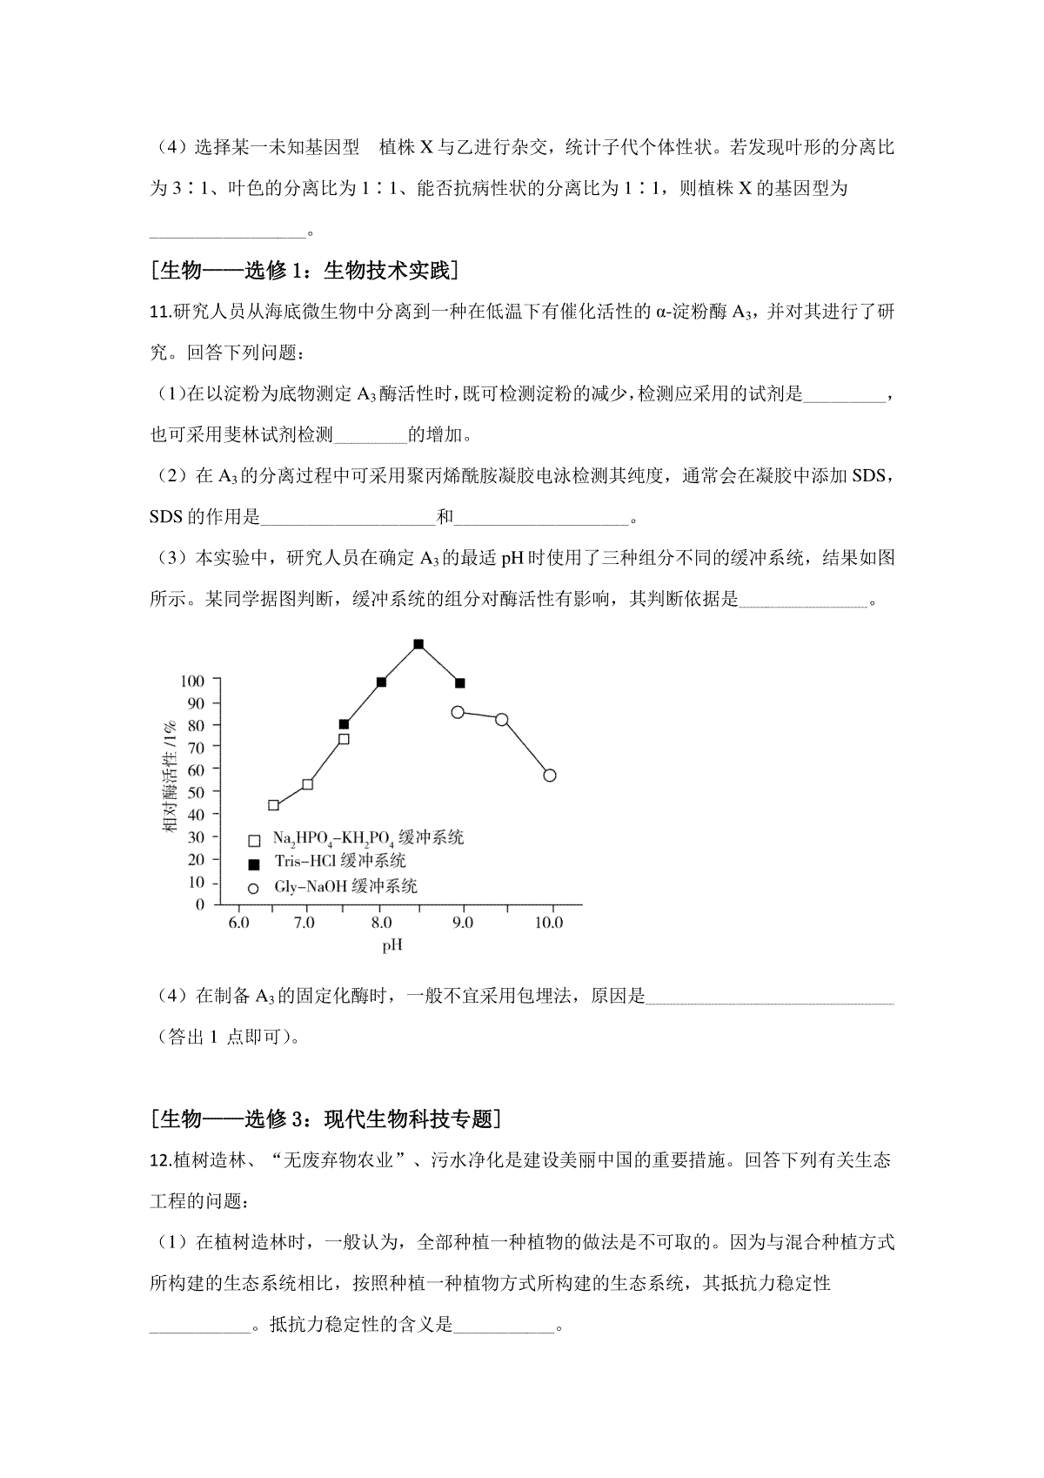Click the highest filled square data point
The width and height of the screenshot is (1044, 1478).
point(418,644)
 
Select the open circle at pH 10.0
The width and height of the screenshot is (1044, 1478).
point(549,776)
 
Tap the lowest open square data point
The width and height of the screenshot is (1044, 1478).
point(273,805)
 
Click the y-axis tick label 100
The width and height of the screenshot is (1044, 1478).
point(192,681)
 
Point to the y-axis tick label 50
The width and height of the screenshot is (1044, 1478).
point(196,792)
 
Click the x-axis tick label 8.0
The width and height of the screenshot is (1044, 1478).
point(380,923)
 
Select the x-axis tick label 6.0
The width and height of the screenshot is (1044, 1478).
point(238,923)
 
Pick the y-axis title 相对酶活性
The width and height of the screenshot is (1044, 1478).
point(171,775)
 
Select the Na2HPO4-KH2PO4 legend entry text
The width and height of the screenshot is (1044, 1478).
point(368,838)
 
